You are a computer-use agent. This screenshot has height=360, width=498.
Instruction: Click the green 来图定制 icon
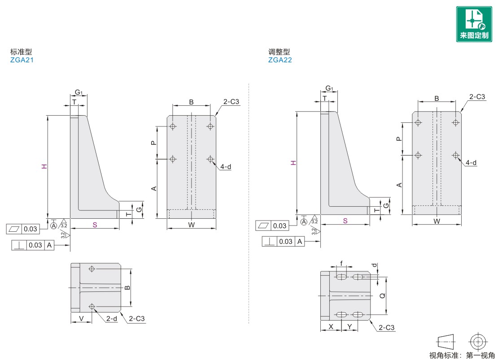[x=474, y=24]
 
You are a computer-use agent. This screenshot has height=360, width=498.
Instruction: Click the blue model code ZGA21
[x=22, y=60]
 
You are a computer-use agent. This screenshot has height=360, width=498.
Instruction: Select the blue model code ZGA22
[x=280, y=60]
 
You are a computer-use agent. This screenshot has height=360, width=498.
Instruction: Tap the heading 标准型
[x=21, y=52]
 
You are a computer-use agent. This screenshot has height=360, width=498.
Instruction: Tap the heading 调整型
[x=279, y=52]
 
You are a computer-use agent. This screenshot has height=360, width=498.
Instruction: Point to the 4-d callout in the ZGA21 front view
[x=226, y=167]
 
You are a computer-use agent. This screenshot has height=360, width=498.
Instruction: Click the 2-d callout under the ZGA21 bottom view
[x=111, y=318]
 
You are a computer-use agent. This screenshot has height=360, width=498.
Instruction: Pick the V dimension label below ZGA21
[x=81, y=318]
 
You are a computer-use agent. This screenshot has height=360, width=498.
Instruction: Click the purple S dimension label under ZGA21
[x=95, y=225]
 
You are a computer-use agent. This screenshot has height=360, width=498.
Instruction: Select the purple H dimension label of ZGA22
[x=293, y=163]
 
